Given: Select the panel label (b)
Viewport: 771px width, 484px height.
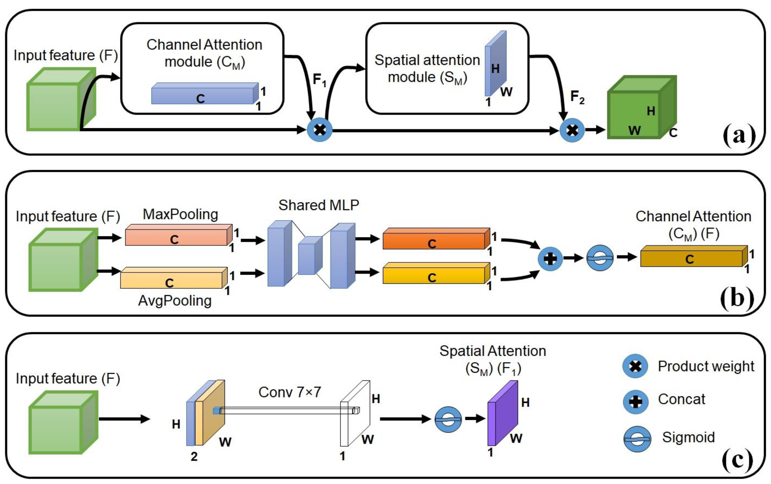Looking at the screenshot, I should pyautogui.click(x=737, y=298).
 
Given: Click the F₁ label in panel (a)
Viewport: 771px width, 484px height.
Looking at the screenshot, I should pyautogui.click(x=319, y=80).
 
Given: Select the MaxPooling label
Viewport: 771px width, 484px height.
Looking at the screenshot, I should pyautogui.click(x=180, y=214).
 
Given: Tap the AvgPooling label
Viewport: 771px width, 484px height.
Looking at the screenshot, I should pyautogui.click(x=175, y=301).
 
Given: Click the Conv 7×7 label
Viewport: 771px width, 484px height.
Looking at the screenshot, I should pyautogui.click(x=289, y=392).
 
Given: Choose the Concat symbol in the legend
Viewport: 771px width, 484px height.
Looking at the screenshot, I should pyautogui.click(x=635, y=402).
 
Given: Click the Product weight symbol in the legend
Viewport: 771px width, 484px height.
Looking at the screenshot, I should pyautogui.click(x=635, y=366).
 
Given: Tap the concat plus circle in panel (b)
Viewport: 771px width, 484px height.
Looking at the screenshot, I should pyautogui.click(x=550, y=259).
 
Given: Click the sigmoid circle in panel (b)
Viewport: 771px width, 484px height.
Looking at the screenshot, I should pyautogui.click(x=600, y=258).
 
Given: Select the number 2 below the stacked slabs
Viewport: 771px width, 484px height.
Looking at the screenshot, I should pyautogui.click(x=194, y=457).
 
